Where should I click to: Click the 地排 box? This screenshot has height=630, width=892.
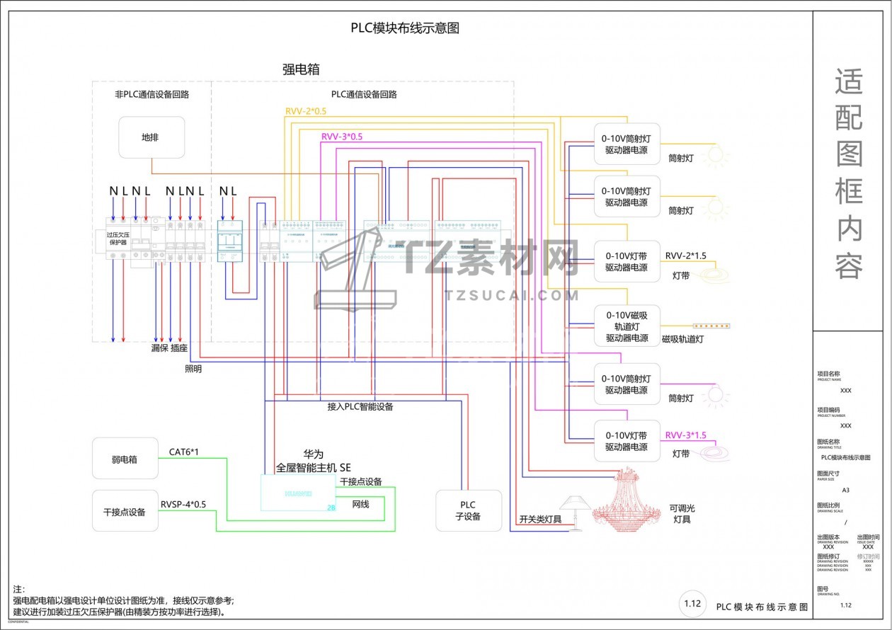[x=151, y=137]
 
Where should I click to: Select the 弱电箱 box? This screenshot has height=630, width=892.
[x=125, y=459]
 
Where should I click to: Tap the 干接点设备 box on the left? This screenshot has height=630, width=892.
[x=125, y=511]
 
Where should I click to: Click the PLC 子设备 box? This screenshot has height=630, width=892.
[x=468, y=510]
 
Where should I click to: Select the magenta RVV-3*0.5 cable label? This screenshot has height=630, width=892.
[x=341, y=137]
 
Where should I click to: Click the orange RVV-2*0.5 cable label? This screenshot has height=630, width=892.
[x=306, y=111]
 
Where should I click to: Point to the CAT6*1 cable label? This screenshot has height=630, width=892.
[x=183, y=452]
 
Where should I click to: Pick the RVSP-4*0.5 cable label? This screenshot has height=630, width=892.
[x=183, y=505]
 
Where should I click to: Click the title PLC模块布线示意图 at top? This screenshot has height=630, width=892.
[x=405, y=28]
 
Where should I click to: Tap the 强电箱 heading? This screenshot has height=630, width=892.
[x=302, y=69]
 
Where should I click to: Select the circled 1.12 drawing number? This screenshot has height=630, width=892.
[x=692, y=604]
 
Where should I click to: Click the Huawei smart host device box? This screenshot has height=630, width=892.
[x=298, y=493]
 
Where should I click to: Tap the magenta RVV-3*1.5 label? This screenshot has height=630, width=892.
[x=685, y=435]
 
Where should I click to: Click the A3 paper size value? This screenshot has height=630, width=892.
[x=845, y=490]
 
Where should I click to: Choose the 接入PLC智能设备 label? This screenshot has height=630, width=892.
[x=360, y=407]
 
